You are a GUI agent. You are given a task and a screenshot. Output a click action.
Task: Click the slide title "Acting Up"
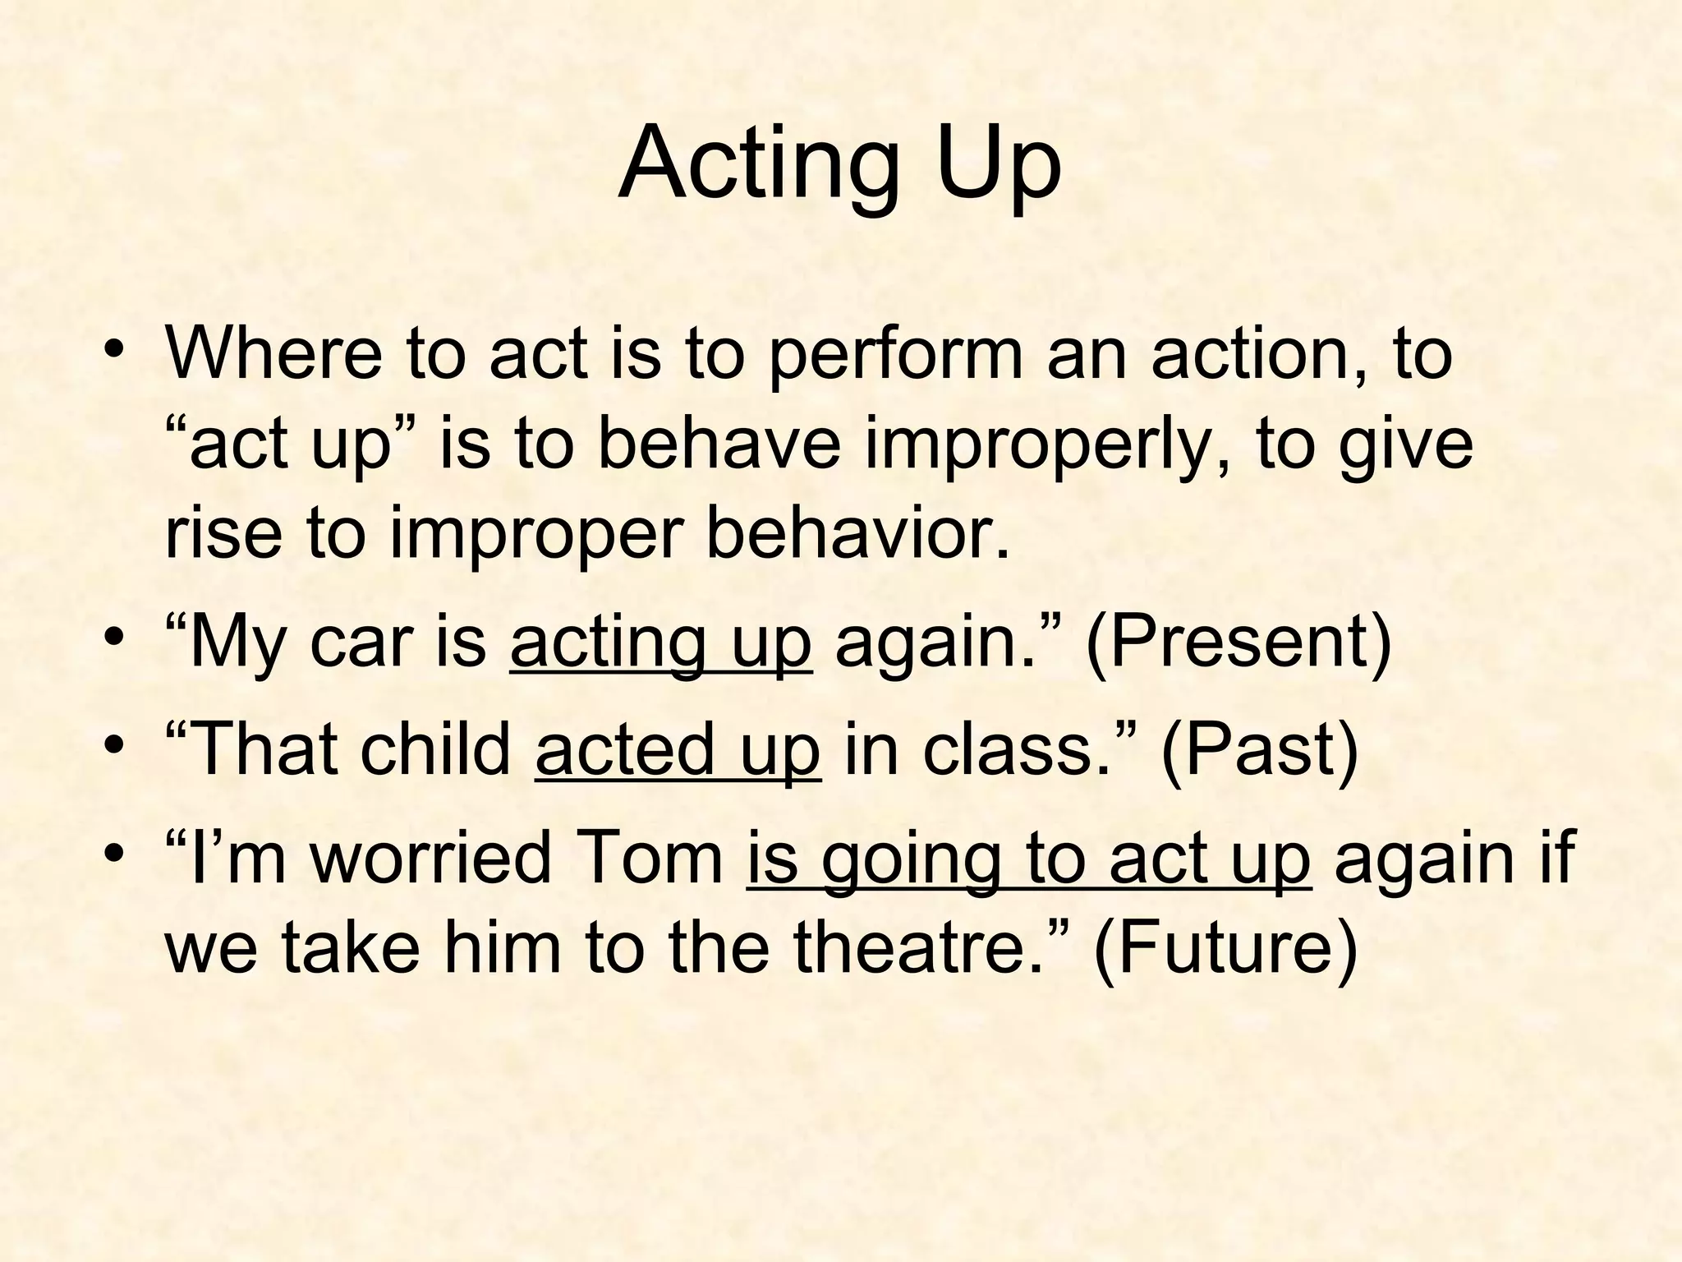[x=839, y=164]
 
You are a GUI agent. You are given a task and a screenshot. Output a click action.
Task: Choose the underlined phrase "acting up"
[x=661, y=644]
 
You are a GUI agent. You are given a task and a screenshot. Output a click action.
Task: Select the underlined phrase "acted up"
[x=678, y=749]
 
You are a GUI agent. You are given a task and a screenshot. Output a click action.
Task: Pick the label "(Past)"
[x=1259, y=749]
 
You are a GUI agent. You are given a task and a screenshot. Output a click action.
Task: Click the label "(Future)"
[x=1225, y=948]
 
